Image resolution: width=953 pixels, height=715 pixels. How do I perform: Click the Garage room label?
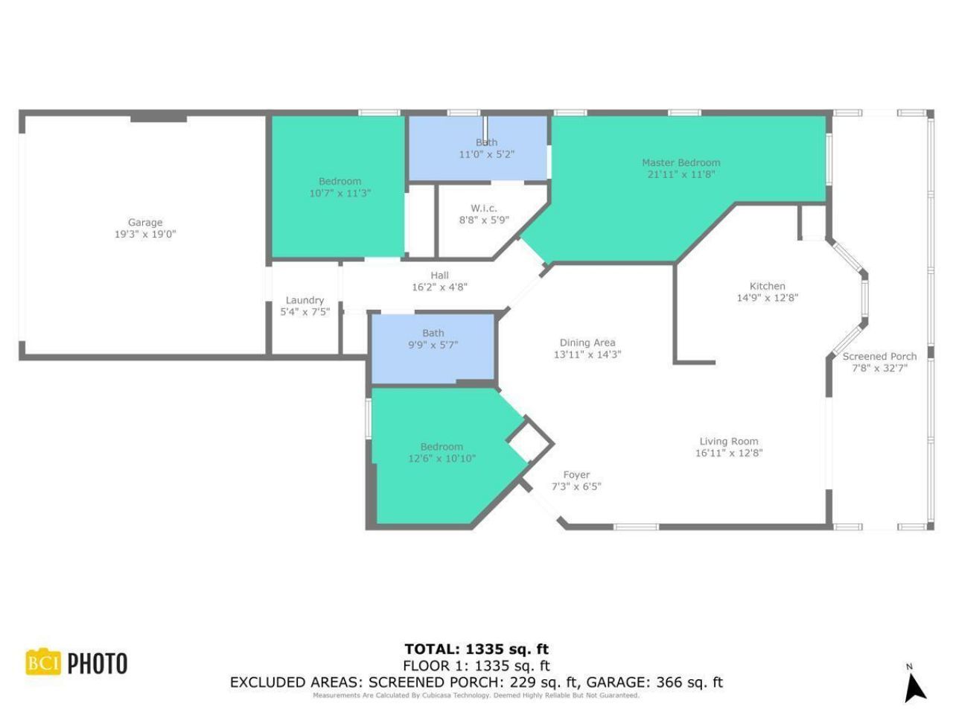click(x=144, y=222)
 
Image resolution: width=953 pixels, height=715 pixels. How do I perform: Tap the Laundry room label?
click(x=305, y=300)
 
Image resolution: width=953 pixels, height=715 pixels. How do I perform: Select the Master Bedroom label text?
click(x=681, y=162)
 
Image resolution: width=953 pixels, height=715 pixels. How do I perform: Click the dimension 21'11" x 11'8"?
click(x=681, y=174)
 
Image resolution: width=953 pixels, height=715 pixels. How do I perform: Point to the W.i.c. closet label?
click(x=483, y=209)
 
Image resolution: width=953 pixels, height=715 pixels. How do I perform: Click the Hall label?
click(x=439, y=276)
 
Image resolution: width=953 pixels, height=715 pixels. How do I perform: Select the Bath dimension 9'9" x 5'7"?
click(x=433, y=346)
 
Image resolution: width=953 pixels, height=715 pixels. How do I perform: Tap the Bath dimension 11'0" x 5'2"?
click(x=486, y=155)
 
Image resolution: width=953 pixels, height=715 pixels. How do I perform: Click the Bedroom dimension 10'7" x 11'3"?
click(x=340, y=194)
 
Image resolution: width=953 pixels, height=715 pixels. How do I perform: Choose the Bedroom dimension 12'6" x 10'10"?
click(x=442, y=459)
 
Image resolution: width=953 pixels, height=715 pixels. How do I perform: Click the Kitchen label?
click(x=767, y=286)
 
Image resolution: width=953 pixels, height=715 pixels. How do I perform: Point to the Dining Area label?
click(x=587, y=343)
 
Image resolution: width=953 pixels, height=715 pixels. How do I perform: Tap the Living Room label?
click(x=728, y=441)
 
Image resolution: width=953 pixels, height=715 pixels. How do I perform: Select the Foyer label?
click(x=576, y=474)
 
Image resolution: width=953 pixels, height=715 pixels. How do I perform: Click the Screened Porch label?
click(x=879, y=356)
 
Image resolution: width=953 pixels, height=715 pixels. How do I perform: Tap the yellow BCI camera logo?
click(x=43, y=662)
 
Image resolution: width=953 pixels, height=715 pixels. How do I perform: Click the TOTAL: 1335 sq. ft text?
click(x=476, y=649)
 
